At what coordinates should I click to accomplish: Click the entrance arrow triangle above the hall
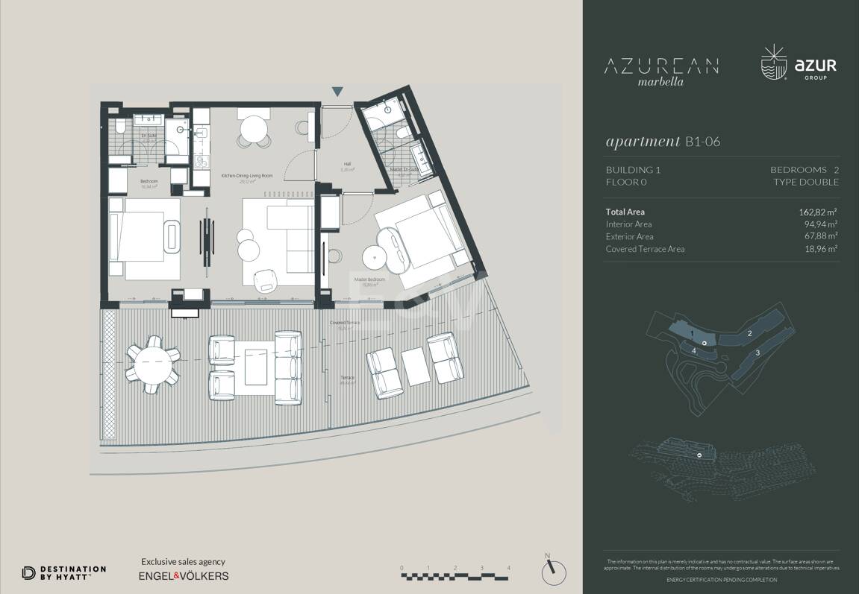pyautogui.click(x=337, y=92)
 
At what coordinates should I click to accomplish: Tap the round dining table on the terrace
pyautogui.click(x=152, y=361)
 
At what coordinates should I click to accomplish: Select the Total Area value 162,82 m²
pyautogui.click(x=817, y=212)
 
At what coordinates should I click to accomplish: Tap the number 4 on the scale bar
pyautogui.click(x=509, y=568)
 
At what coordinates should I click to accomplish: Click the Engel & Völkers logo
pyautogui.click(x=184, y=576)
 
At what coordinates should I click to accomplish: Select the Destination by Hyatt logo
pyautogui.click(x=64, y=572)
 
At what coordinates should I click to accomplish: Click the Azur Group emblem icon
pyautogui.click(x=773, y=64)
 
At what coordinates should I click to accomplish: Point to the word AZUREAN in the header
pyautogui.click(x=661, y=66)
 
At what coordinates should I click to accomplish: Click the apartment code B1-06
pyautogui.click(x=702, y=142)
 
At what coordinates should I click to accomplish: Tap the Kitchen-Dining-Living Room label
pyautogui.click(x=247, y=175)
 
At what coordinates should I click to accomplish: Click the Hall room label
pyautogui.click(x=347, y=164)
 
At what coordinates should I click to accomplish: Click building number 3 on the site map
pyautogui.click(x=758, y=353)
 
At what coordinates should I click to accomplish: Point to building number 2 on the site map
pyautogui.click(x=749, y=333)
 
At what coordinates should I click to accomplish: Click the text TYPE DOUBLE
pyautogui.click(x=806, y=182)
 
